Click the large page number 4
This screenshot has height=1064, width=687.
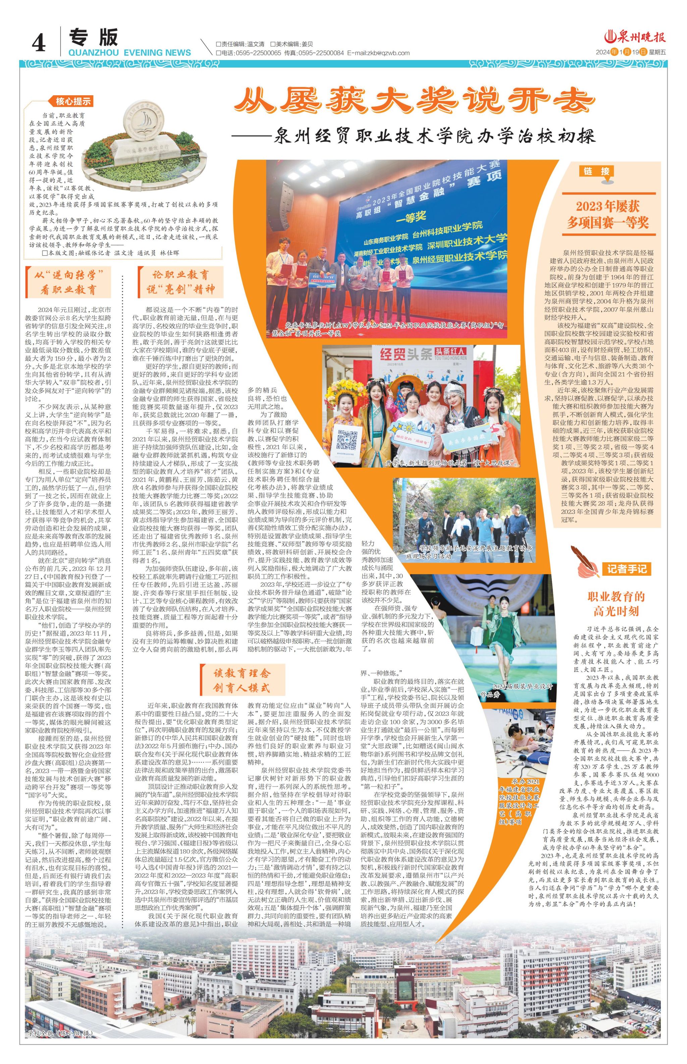coord(39,43)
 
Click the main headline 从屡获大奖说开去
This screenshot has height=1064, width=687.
coord(415,101)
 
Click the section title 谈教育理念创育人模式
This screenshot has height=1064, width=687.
coord(241,680)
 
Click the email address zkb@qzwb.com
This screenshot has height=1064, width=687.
coord(388,53)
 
